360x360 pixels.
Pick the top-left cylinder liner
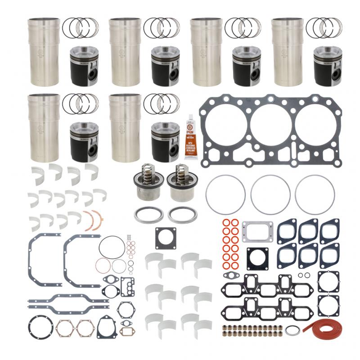[44, 52]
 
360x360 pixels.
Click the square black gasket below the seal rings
[166, 238]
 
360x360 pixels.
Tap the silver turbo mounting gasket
[255, 231]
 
